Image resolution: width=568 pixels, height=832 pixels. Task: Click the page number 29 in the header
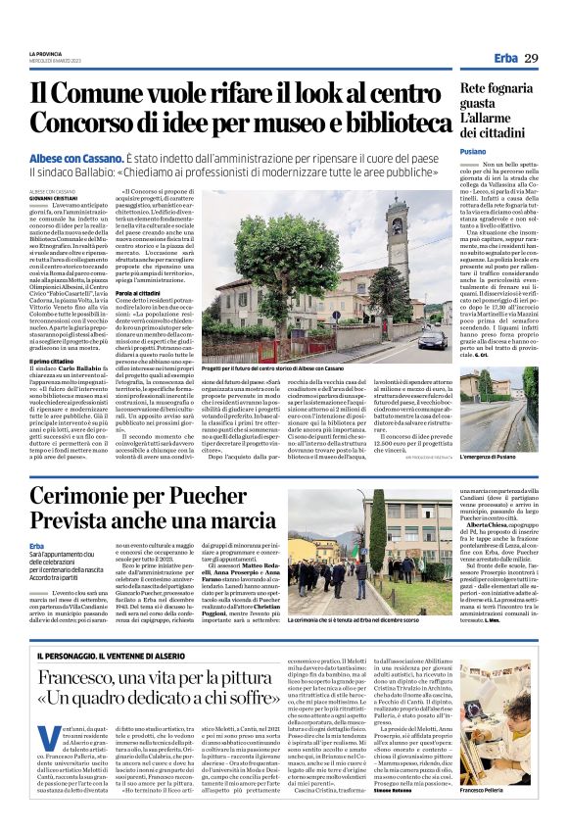click(532, 59)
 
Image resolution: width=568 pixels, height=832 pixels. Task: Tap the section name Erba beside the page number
click(498, 59)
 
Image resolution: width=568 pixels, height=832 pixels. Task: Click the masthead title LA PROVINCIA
click(46, 53)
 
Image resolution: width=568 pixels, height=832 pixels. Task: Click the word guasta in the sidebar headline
click(480, 103)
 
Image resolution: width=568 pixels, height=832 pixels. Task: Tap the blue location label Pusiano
click(473, 152)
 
